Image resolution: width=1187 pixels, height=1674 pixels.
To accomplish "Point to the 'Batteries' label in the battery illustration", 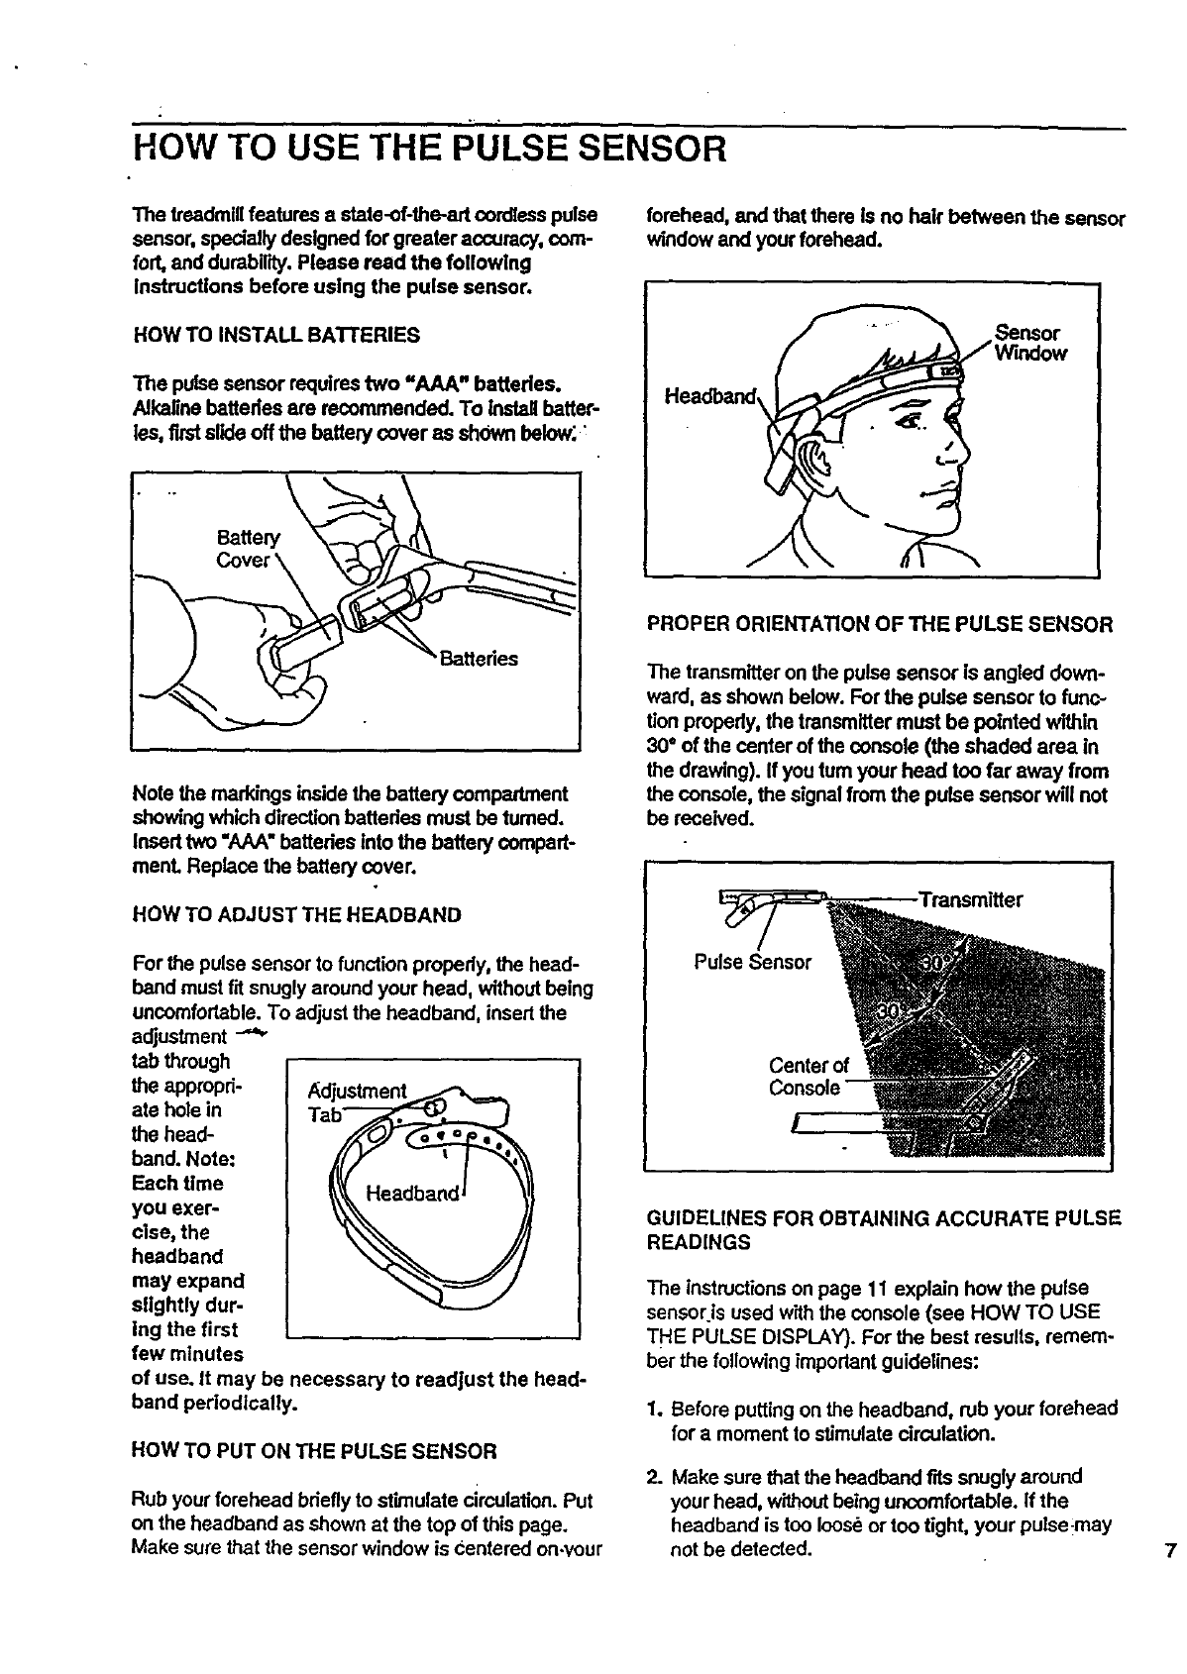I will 479,660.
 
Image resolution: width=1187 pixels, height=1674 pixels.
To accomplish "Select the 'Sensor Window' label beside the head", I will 1030,343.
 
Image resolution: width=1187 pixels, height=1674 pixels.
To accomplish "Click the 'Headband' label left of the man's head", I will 707,396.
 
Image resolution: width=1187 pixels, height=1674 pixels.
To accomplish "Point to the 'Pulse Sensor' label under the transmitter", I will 752,962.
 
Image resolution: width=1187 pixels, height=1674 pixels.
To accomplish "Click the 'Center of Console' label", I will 808,1078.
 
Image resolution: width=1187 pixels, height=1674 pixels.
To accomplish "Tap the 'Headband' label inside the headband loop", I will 412,1194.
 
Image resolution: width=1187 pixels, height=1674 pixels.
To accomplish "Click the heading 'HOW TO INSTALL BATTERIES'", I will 275,336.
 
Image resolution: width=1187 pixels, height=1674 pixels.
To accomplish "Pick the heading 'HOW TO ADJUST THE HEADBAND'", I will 296,914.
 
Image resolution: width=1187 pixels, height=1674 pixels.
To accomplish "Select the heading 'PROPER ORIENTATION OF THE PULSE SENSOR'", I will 879,625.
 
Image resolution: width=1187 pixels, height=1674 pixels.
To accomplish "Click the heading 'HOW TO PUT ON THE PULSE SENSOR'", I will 313,1452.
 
